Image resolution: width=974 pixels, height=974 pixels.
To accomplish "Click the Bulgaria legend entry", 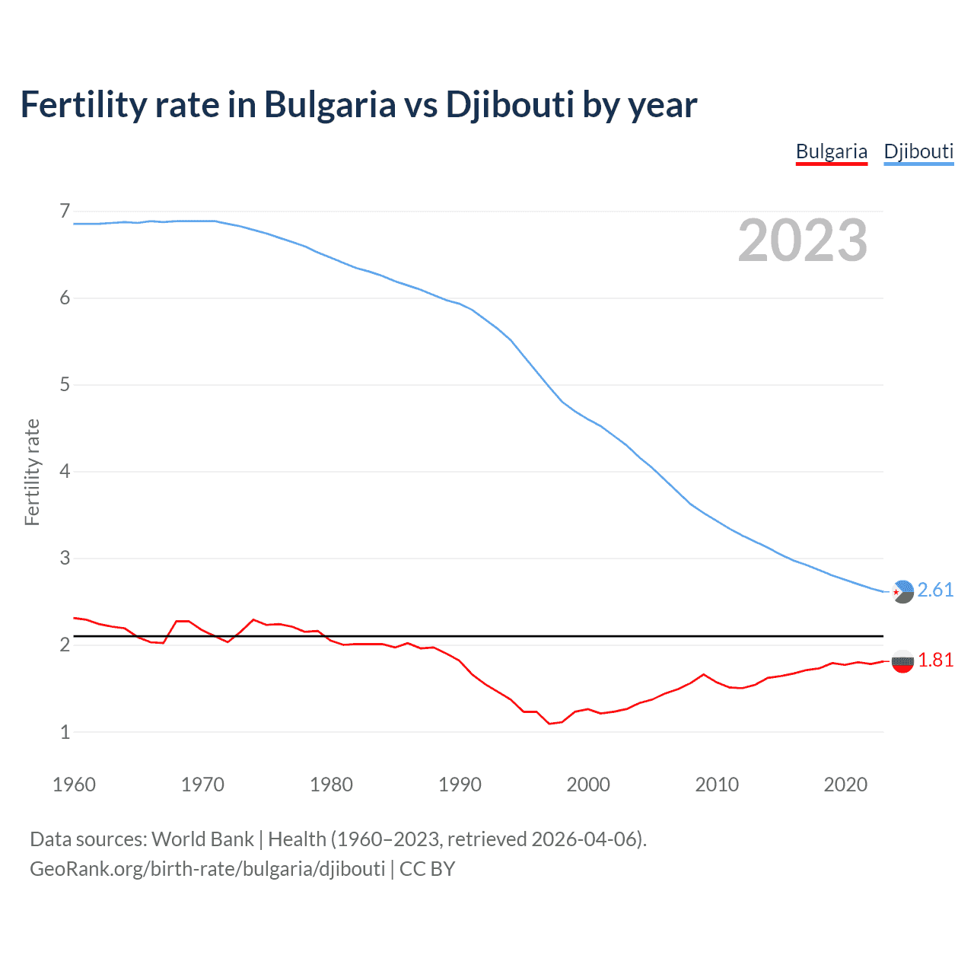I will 831,151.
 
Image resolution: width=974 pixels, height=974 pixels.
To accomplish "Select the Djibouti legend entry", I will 918,151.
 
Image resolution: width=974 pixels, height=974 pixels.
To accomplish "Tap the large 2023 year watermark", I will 802,240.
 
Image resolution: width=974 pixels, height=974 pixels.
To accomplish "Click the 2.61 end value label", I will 935,590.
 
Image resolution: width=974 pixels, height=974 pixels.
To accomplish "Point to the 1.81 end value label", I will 935,660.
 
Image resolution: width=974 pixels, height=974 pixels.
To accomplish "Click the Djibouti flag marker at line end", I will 902,591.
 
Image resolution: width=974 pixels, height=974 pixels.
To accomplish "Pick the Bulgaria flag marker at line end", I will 902,661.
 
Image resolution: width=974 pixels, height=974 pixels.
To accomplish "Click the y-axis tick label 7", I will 65,211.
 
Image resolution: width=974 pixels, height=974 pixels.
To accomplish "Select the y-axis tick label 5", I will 65,385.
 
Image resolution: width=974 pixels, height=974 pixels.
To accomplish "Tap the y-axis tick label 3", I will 65,559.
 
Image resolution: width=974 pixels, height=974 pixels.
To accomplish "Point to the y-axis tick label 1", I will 65,732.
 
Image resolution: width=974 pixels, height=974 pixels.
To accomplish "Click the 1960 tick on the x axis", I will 74,785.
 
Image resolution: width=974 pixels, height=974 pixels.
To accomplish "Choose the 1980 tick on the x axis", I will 331,785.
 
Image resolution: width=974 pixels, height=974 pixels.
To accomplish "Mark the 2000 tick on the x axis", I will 588,785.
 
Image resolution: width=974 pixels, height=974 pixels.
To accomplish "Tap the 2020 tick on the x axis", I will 845,785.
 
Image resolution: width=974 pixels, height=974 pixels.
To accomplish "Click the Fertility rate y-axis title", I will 32,472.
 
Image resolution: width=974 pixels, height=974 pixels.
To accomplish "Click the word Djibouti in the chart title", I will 509,105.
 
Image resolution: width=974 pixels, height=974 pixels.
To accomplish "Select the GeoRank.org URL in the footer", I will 207,869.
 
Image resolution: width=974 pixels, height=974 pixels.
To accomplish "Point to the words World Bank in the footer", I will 202,839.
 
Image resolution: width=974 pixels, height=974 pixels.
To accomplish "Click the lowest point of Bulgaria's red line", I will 549,724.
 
